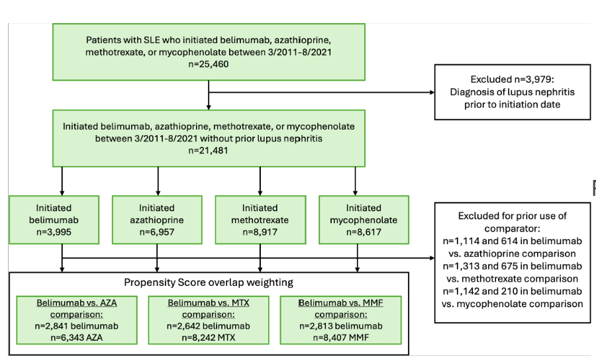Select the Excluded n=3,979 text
512,79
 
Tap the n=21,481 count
209,150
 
